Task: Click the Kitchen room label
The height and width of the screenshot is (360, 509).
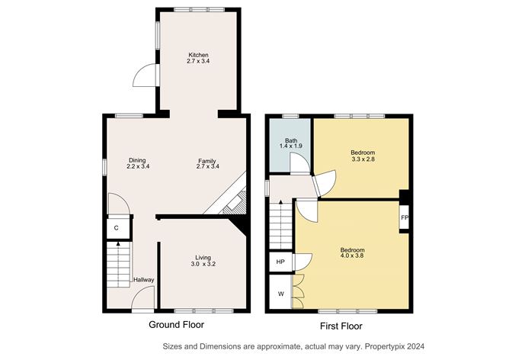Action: [198, 56]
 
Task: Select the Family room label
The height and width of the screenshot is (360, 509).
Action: [207, 160]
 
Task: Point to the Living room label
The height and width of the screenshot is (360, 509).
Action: [203, 258]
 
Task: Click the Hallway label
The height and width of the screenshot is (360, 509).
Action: [143, 280]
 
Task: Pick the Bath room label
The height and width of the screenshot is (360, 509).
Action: [291, 140]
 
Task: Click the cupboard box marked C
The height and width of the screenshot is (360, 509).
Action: [117, 227]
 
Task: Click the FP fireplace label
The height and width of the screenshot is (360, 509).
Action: [405, 217]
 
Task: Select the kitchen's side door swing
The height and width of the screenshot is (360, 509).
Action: [146, 74]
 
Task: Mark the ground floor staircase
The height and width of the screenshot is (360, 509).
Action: [119, 264]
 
